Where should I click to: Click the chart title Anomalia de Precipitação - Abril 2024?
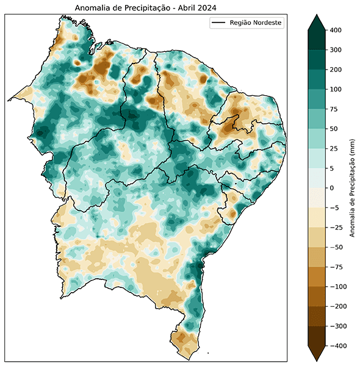(146, 8)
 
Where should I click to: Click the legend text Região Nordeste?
(256, 23)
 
